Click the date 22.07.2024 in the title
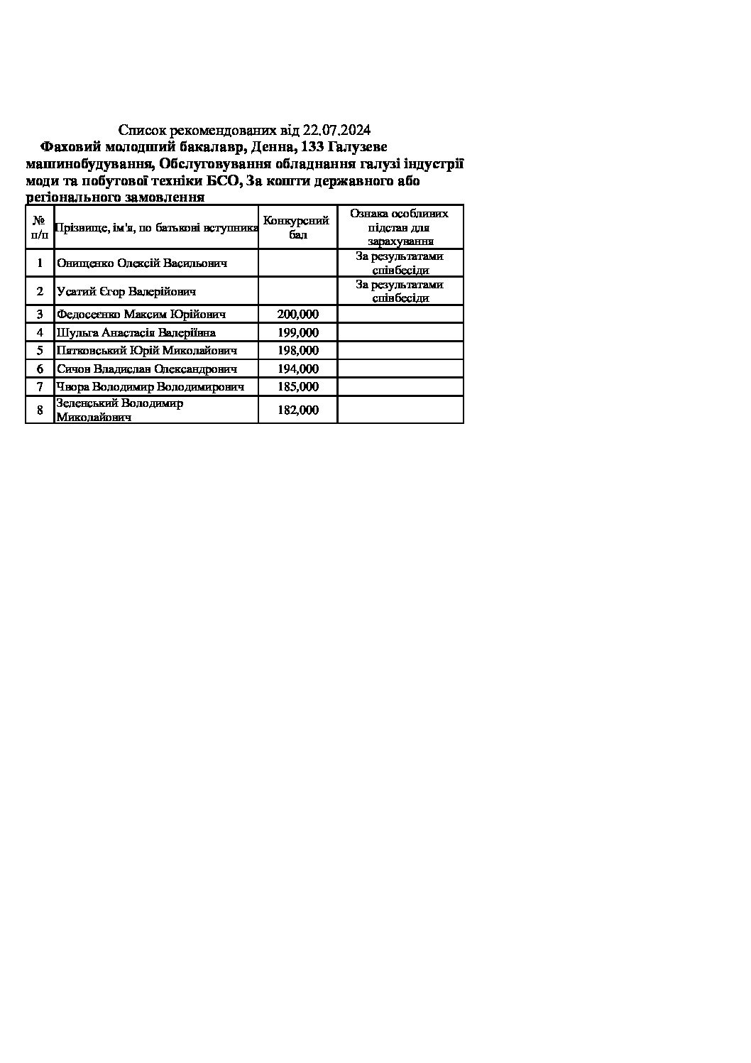[336, 130]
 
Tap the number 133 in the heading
[314, 147]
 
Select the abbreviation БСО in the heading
[224, 181]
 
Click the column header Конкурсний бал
[297, 227]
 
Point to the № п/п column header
[40, 227]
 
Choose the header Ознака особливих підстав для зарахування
[400, 227]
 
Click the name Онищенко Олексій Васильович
[142, 263]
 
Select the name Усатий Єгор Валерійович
[126, 291]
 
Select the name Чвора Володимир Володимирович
[150, 387]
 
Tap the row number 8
[40, 410]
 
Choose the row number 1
[40, 263]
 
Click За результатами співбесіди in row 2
[400, 291]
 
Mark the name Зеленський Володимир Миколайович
[119, 410]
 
